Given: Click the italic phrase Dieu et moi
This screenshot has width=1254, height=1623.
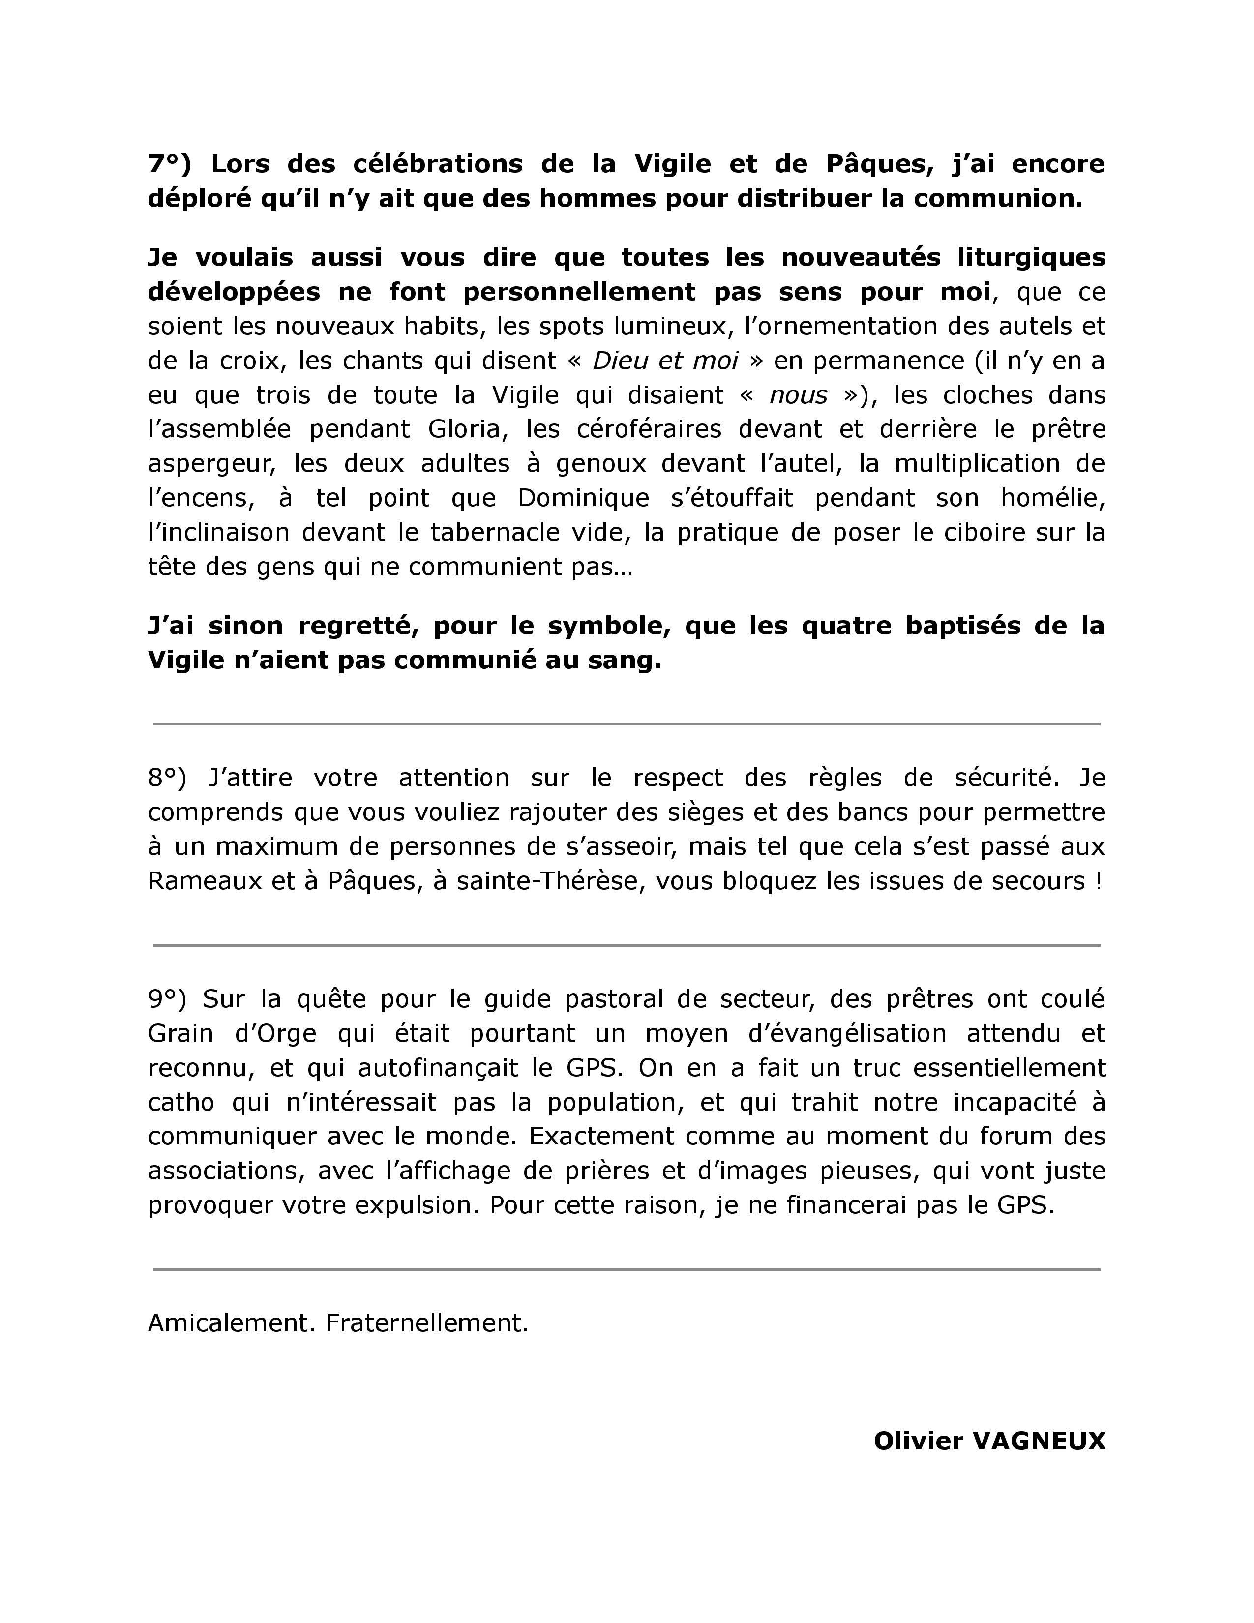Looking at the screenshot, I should tap(665, 361).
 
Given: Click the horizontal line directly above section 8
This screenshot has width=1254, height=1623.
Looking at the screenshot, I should tap(626, 724).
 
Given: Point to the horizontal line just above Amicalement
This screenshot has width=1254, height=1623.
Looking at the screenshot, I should tap(626, 1270).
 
